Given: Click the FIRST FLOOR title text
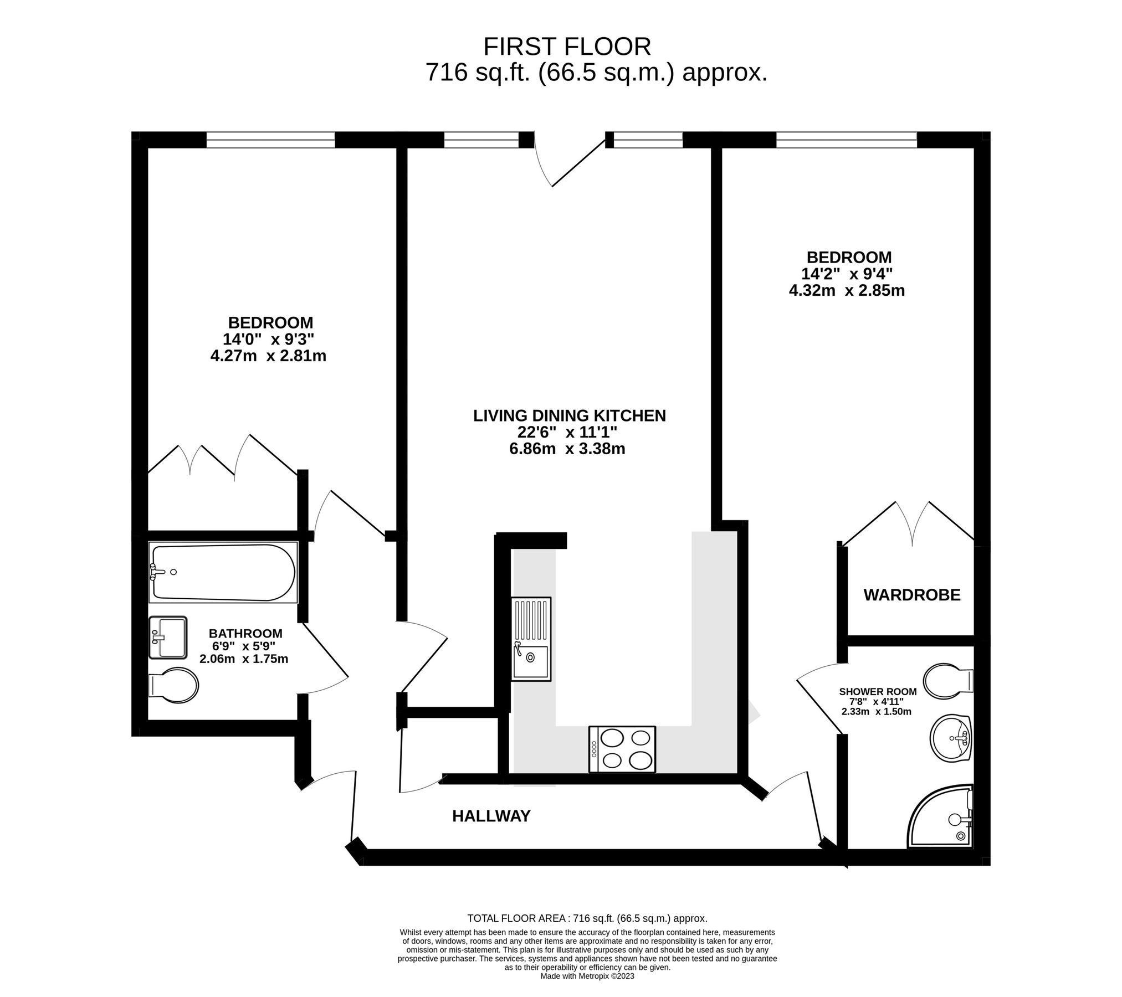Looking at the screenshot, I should [567, 47].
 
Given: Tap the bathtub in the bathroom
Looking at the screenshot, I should [224, 572].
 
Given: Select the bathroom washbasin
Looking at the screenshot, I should [168, 638].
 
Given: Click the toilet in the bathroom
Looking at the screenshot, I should [173, 685].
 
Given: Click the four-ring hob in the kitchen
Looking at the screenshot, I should [622, 749].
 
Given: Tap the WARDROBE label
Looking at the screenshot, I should [911, 595].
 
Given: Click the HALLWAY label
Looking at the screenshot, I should [491, 816].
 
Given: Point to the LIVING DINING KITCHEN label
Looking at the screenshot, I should [569, 415].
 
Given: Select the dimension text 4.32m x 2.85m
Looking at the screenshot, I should [847, 290].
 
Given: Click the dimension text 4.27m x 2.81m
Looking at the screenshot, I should [268, 356].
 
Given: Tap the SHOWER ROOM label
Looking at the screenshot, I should [878, 692].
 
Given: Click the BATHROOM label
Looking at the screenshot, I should [245, 633].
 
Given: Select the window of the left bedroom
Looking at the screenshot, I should [270, 140].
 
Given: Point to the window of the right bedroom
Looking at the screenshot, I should [846, 140].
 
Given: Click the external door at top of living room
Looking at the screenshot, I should [570, 161].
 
